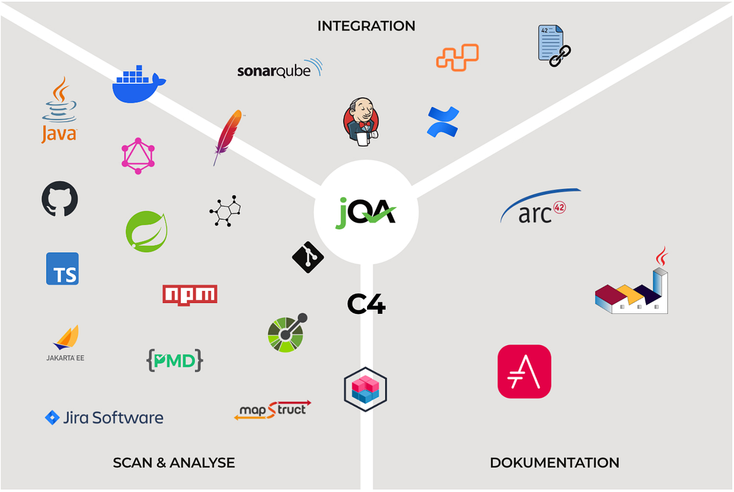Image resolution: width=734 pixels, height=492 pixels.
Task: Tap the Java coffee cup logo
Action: [x=59, y=110]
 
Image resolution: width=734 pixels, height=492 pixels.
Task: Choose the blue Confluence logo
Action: [x=442, y=121]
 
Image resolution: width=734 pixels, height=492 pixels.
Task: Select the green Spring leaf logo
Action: [x=146, y=231]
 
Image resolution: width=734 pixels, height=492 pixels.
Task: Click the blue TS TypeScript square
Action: [x=62, y=269]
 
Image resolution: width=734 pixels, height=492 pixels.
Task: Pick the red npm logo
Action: [x=190, y=294]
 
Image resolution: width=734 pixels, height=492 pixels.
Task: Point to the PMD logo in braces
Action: [x=174, y=360]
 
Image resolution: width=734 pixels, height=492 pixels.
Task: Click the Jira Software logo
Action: [x=105, y=418]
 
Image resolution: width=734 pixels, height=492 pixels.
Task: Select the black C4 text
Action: [x=366, y=304]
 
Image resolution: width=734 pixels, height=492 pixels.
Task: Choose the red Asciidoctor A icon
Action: [x=524, y=371]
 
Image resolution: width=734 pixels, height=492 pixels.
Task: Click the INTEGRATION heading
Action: [x=366, y=26]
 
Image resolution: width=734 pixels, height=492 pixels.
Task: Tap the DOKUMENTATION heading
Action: [x=554, y=463]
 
